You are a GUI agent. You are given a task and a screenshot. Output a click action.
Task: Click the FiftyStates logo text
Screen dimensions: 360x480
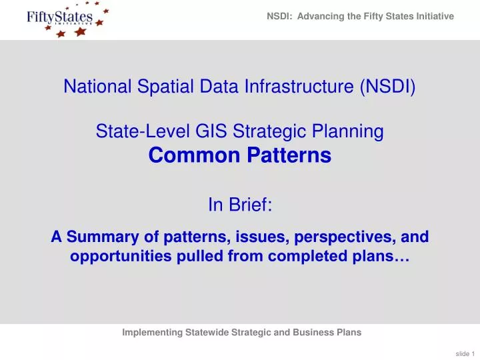tap(60, 17)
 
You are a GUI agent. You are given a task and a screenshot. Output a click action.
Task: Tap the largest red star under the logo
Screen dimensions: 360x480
tap(81, 31)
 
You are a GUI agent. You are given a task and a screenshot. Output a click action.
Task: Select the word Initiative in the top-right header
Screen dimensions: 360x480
tap(434, 16)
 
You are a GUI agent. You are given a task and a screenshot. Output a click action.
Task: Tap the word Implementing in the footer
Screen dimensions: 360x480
tap(154, 333)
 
